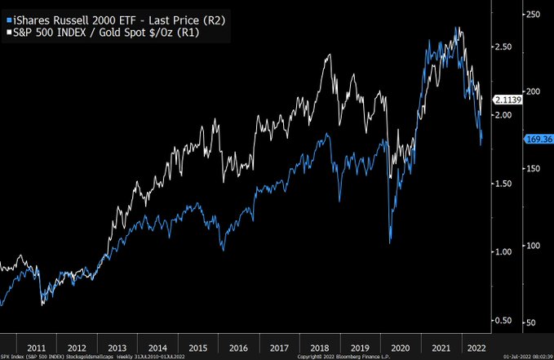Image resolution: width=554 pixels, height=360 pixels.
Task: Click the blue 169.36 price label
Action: click(538, 139)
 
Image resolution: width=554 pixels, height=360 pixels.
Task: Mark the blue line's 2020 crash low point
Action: click(391, 242)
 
